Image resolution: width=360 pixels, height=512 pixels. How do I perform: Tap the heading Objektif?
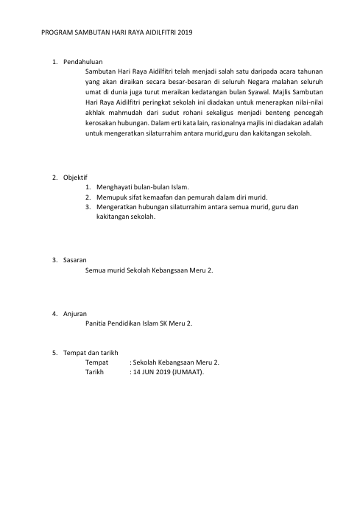click(x=75, y=178)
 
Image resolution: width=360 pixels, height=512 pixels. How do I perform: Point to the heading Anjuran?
click(x=75, y=313)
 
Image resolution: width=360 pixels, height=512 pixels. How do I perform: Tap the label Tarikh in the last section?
click(x=96, y=372)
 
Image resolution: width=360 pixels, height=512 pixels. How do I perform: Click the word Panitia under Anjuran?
click(x=98, y=323)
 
